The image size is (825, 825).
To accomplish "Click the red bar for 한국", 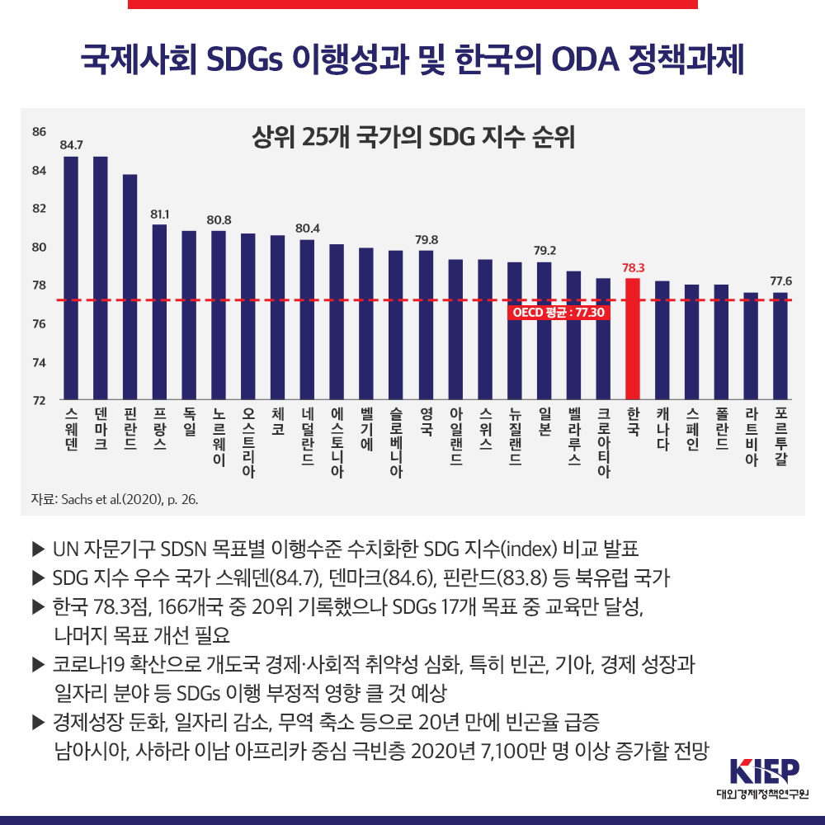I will point(633,338).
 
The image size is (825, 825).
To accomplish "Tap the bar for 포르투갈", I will point(780,346).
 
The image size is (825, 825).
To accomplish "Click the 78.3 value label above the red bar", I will point(633,268).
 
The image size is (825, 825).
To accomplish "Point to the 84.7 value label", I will point(71,145).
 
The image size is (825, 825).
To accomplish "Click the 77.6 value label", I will point(780,281).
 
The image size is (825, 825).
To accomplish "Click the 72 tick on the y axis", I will point(40,401).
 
